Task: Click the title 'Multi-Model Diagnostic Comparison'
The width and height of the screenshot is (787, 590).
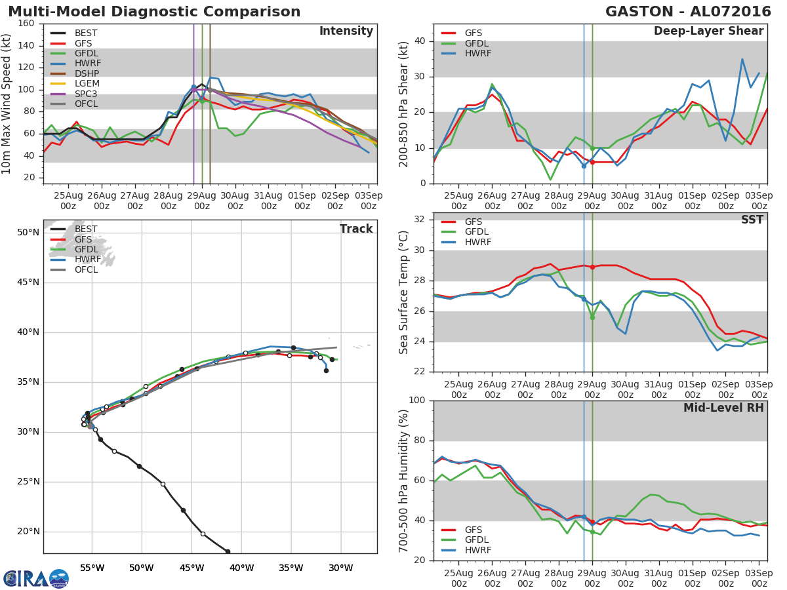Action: pos(154,12)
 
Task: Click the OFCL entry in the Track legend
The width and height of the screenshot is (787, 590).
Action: pos(86,269)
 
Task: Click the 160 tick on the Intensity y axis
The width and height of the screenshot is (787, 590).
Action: pos(27,24)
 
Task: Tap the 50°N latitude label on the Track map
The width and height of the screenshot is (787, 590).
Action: pos(28,232)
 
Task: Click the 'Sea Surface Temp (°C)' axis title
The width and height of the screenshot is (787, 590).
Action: pos(404,292)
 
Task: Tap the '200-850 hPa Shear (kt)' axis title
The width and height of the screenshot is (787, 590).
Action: pos(404,104)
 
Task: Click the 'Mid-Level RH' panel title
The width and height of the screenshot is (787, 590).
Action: pos(723,408)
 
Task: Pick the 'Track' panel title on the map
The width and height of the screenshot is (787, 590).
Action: pos(356,229)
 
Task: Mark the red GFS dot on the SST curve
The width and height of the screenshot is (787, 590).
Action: pos(592,267)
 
